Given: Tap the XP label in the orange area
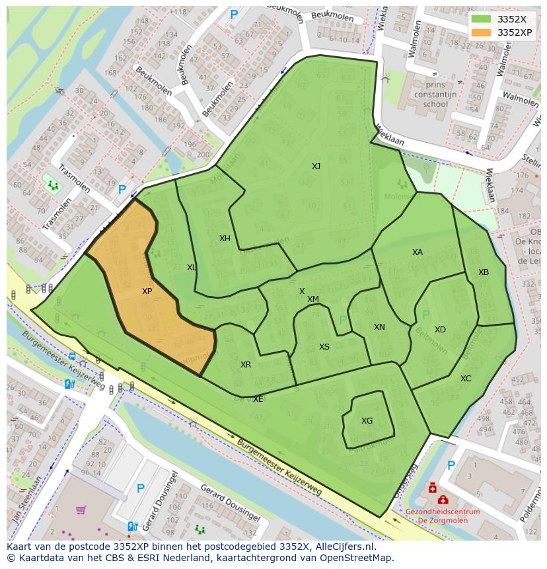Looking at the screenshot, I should coord(147,291).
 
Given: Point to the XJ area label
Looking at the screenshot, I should coord(316,167).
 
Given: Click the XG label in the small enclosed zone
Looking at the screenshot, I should coord(367,420).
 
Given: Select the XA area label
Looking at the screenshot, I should coord(417,252).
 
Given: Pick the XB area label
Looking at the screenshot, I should coord(483,272).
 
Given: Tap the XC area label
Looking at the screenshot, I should coord(466,379).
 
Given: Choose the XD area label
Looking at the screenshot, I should coord(440,330).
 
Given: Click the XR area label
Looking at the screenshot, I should coord(246,365).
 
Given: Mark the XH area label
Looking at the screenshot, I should coord(225,239).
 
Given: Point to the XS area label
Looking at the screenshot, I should coord(324,347).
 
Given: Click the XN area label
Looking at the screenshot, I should coord(379,327).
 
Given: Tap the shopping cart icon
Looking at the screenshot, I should coord(81,510).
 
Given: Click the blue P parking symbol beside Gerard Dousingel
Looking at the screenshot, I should coord(140,488).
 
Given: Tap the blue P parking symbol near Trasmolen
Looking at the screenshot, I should coord(122,190).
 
